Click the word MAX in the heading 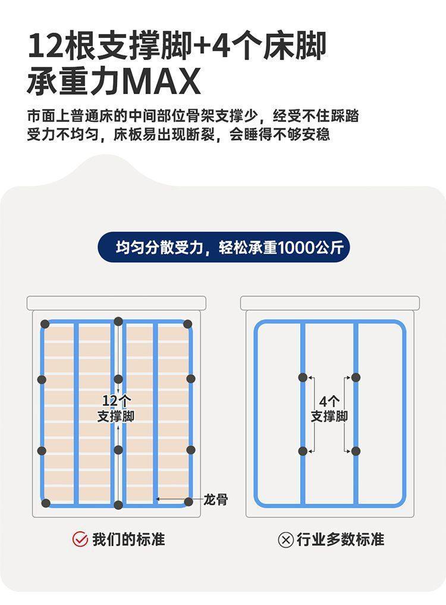164,82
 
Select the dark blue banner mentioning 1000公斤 224,247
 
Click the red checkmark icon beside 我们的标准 80,539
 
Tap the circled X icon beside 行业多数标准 285,540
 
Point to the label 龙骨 215,500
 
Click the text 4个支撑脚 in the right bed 329,408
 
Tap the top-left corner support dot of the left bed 45,324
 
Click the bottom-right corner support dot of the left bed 189,501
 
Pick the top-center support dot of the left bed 118,322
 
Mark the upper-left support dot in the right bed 303,377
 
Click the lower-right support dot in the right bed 356,451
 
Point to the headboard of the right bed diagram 330,303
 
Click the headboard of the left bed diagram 116,303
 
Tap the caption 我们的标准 128,539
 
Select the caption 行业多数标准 340,539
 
